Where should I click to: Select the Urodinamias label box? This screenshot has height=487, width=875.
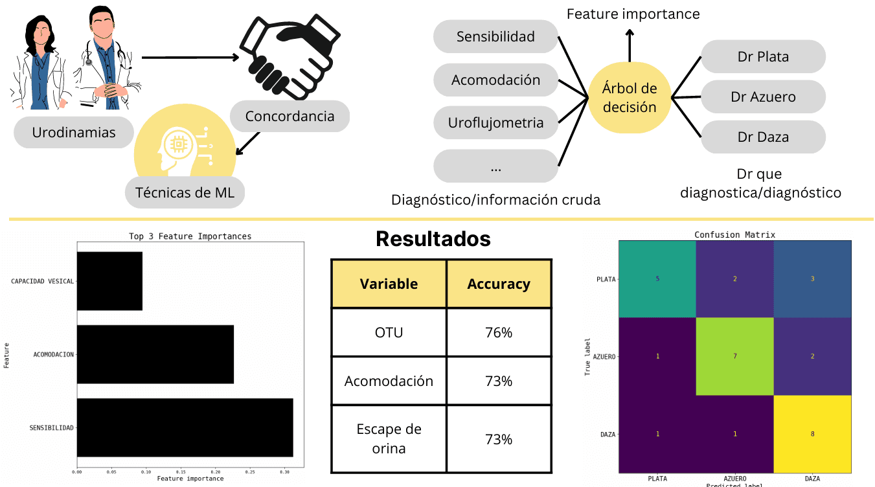[74, 133]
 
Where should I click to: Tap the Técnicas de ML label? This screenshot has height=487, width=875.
[185, 192]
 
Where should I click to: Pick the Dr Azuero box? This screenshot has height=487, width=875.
[763, 97]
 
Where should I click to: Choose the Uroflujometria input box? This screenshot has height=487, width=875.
[495, 122]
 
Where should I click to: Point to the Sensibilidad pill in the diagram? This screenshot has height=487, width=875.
[495, 36]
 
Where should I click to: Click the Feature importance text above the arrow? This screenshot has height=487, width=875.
[633, 14]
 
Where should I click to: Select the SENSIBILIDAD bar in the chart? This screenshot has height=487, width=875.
[185, 427]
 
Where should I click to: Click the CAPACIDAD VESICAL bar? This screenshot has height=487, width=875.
[109, 281]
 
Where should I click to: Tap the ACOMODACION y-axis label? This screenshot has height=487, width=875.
[54, 354]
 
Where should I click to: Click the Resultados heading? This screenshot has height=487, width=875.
[433, 239]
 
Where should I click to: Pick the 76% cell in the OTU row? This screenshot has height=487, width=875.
[498, 333]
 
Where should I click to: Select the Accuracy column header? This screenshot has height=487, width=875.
[498, 284]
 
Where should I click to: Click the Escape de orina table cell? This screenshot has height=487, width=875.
[389, 438]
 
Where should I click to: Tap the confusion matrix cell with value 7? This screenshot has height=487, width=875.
[734, 356]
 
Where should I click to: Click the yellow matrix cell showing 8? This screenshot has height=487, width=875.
[812, 434]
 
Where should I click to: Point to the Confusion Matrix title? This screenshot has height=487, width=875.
[734, 234]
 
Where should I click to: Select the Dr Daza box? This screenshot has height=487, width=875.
[763, 137]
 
